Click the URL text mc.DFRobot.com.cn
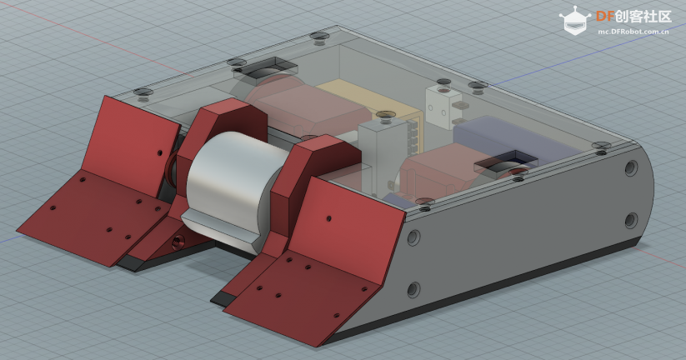tap(633, 32)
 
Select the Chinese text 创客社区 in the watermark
tap(643, 17)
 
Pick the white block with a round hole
tap(443, 105)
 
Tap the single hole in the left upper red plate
tap(160, 153)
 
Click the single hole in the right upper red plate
tap(328, 218)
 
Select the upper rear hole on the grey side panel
tap(631, 168)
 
